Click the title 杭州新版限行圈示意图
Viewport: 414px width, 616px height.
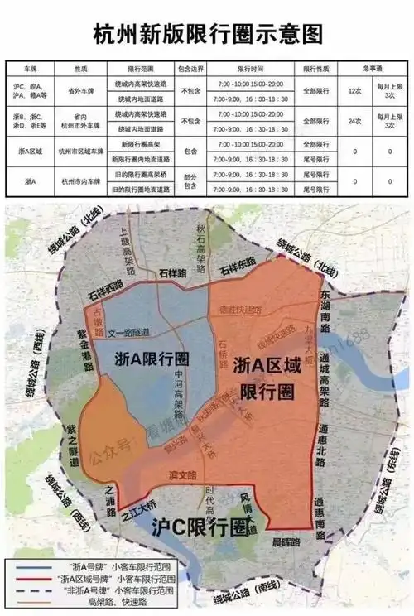coord(207,34)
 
